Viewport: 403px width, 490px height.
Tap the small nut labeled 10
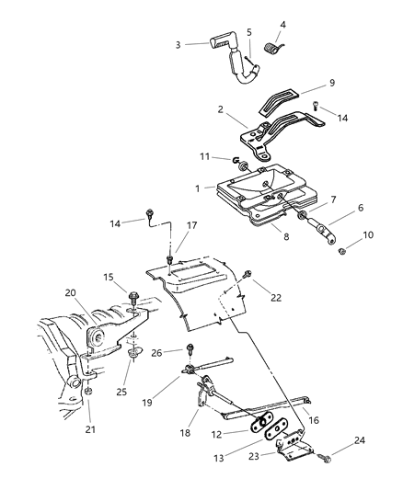click(341, 250)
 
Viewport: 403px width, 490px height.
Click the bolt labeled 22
click(250, 274)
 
